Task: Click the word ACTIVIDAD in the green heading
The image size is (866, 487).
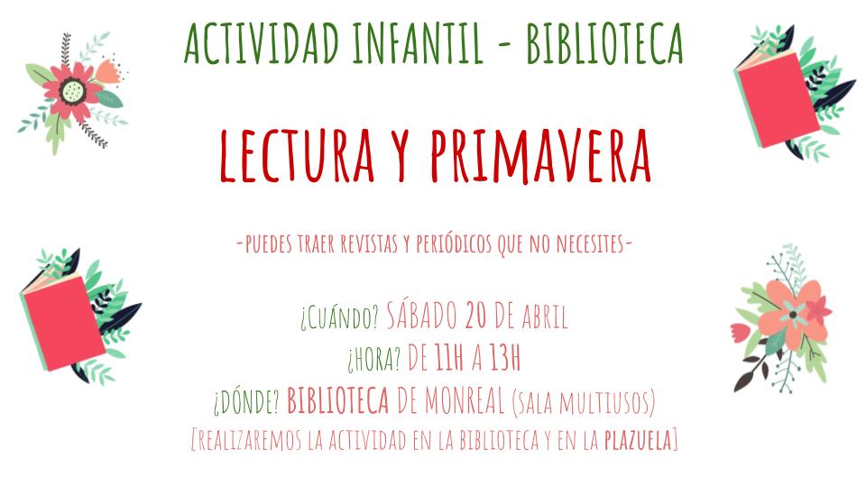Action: [x=262, y=43]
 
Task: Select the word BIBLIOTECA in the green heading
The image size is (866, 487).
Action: [x=604, y=43]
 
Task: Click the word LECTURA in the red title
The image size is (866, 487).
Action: [x=297, y=156]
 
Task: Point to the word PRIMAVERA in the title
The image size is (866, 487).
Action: [x=541, y=156]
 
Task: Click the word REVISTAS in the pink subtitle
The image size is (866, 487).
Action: [x=369, y=243]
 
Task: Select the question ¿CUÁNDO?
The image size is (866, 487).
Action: [x=340, y=317]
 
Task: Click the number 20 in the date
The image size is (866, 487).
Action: [x=478, y=316]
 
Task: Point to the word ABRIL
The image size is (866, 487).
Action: [x=545, y=317]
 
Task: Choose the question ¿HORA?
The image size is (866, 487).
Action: [x=373, y=360]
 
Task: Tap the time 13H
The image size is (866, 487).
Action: [x=505, y=358]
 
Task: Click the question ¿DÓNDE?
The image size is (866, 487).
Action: [x=247, y=401]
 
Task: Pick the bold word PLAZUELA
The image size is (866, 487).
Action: [x=638, y=440]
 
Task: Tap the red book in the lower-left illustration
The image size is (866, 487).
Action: [x=63, y=323]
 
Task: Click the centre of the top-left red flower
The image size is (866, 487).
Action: [x=73, y=90]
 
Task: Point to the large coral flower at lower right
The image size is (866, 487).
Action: [x=793, y=316]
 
